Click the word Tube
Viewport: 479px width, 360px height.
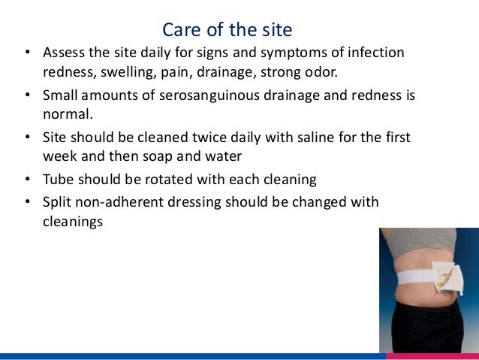tap(59, 181)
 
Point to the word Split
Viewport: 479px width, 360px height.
tap(59, 202)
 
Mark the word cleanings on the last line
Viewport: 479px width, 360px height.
tap(73, 222)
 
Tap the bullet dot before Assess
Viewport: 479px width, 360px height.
tap(28, 53)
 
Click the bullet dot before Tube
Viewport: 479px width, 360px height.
tap(28, 181)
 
